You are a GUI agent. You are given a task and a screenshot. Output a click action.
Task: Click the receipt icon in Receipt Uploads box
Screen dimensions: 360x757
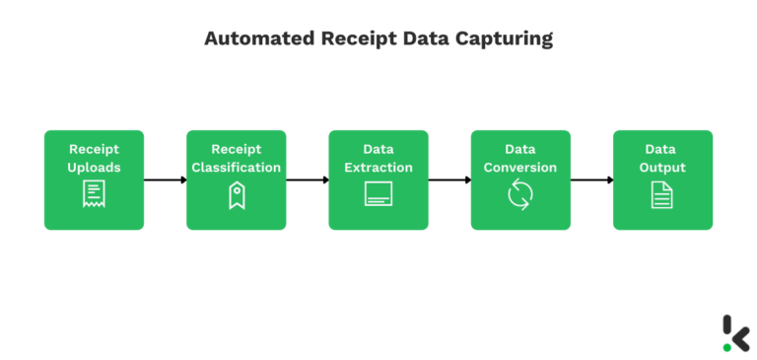pyautogui.click(x=94, y=194)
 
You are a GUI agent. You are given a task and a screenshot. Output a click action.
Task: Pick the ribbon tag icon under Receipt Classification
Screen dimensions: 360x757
pyautogui.click(x=236, y=196)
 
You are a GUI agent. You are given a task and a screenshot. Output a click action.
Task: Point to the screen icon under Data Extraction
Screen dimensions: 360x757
pyautogui.click(x=378, y=194)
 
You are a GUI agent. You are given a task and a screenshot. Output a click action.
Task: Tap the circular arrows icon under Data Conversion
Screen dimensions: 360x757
pyautogui.click(x=520, y=195)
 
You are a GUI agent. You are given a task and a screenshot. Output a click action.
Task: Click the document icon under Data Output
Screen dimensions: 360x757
pyautogui.click(x=662, y=194)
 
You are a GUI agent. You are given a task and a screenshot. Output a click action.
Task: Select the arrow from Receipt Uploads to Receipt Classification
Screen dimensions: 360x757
pyautogui.click(x=165, y=180)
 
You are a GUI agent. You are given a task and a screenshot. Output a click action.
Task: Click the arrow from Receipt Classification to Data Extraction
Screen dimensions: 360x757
pyautogui.click(x=308, y=180)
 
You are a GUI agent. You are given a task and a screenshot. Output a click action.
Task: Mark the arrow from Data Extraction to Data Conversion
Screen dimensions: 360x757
pyautogui.click(x=449, y=180)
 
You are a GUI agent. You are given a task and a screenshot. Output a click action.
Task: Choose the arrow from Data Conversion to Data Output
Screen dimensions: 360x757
pyautogui.click(x=591, y=180)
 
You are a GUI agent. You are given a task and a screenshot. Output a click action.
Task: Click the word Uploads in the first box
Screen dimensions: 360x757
pyautogui.click(x=94, y=168)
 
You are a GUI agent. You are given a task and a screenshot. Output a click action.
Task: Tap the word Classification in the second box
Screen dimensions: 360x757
pyautogui.click(x=237, y=168)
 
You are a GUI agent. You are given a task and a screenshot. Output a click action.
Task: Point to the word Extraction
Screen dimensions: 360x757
pyautogui.click(x=378, y=168)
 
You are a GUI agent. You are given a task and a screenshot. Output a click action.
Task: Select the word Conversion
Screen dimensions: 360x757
pyautogui.click(x=520, y=168)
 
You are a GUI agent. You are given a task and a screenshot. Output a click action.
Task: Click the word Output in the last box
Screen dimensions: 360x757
pyautogui.click(x=662, y=168)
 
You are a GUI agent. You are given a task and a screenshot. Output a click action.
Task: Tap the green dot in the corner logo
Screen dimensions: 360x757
pyautogui.click(x=727, y=347)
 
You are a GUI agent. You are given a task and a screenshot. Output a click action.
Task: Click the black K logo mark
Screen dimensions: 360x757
pyautogui.click(x=736, y=332)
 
